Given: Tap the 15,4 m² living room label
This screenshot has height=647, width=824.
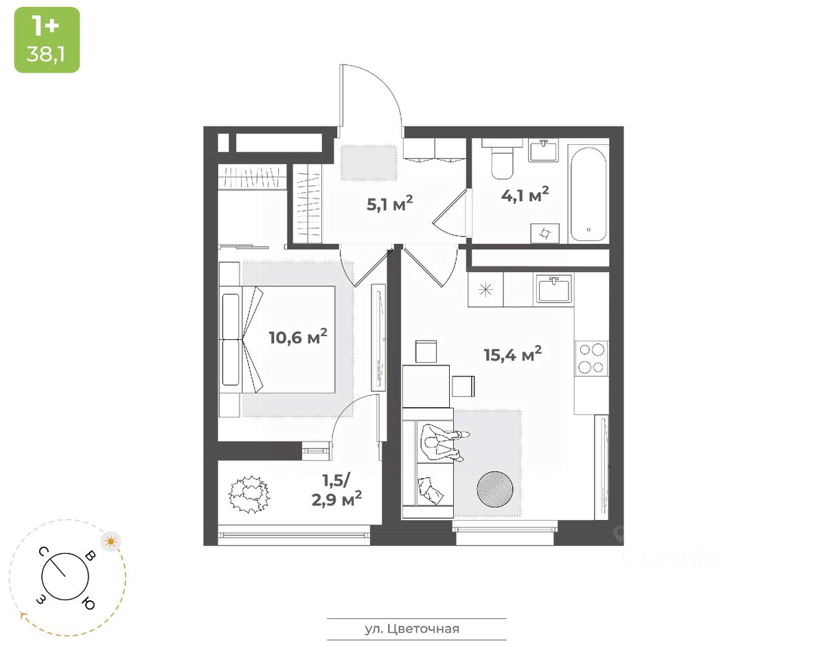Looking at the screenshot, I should point(512,354).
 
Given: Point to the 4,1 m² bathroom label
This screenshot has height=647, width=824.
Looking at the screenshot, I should point(525,194).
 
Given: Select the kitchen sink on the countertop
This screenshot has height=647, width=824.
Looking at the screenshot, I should point(554,289).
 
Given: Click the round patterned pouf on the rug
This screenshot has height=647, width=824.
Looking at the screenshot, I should point(495,488).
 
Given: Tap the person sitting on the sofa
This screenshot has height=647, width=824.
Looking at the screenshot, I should point(443,442).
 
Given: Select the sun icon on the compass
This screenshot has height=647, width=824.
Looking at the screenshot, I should point(111,541).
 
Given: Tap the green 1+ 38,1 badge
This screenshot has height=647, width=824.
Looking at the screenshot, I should point(47,40).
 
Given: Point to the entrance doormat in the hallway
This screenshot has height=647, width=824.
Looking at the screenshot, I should point(369,163).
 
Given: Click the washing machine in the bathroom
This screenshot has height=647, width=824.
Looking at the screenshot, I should point(546,233).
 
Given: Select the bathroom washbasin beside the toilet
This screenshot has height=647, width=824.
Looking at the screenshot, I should point(543,150).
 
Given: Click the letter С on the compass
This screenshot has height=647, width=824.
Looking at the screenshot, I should point(43,552).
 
